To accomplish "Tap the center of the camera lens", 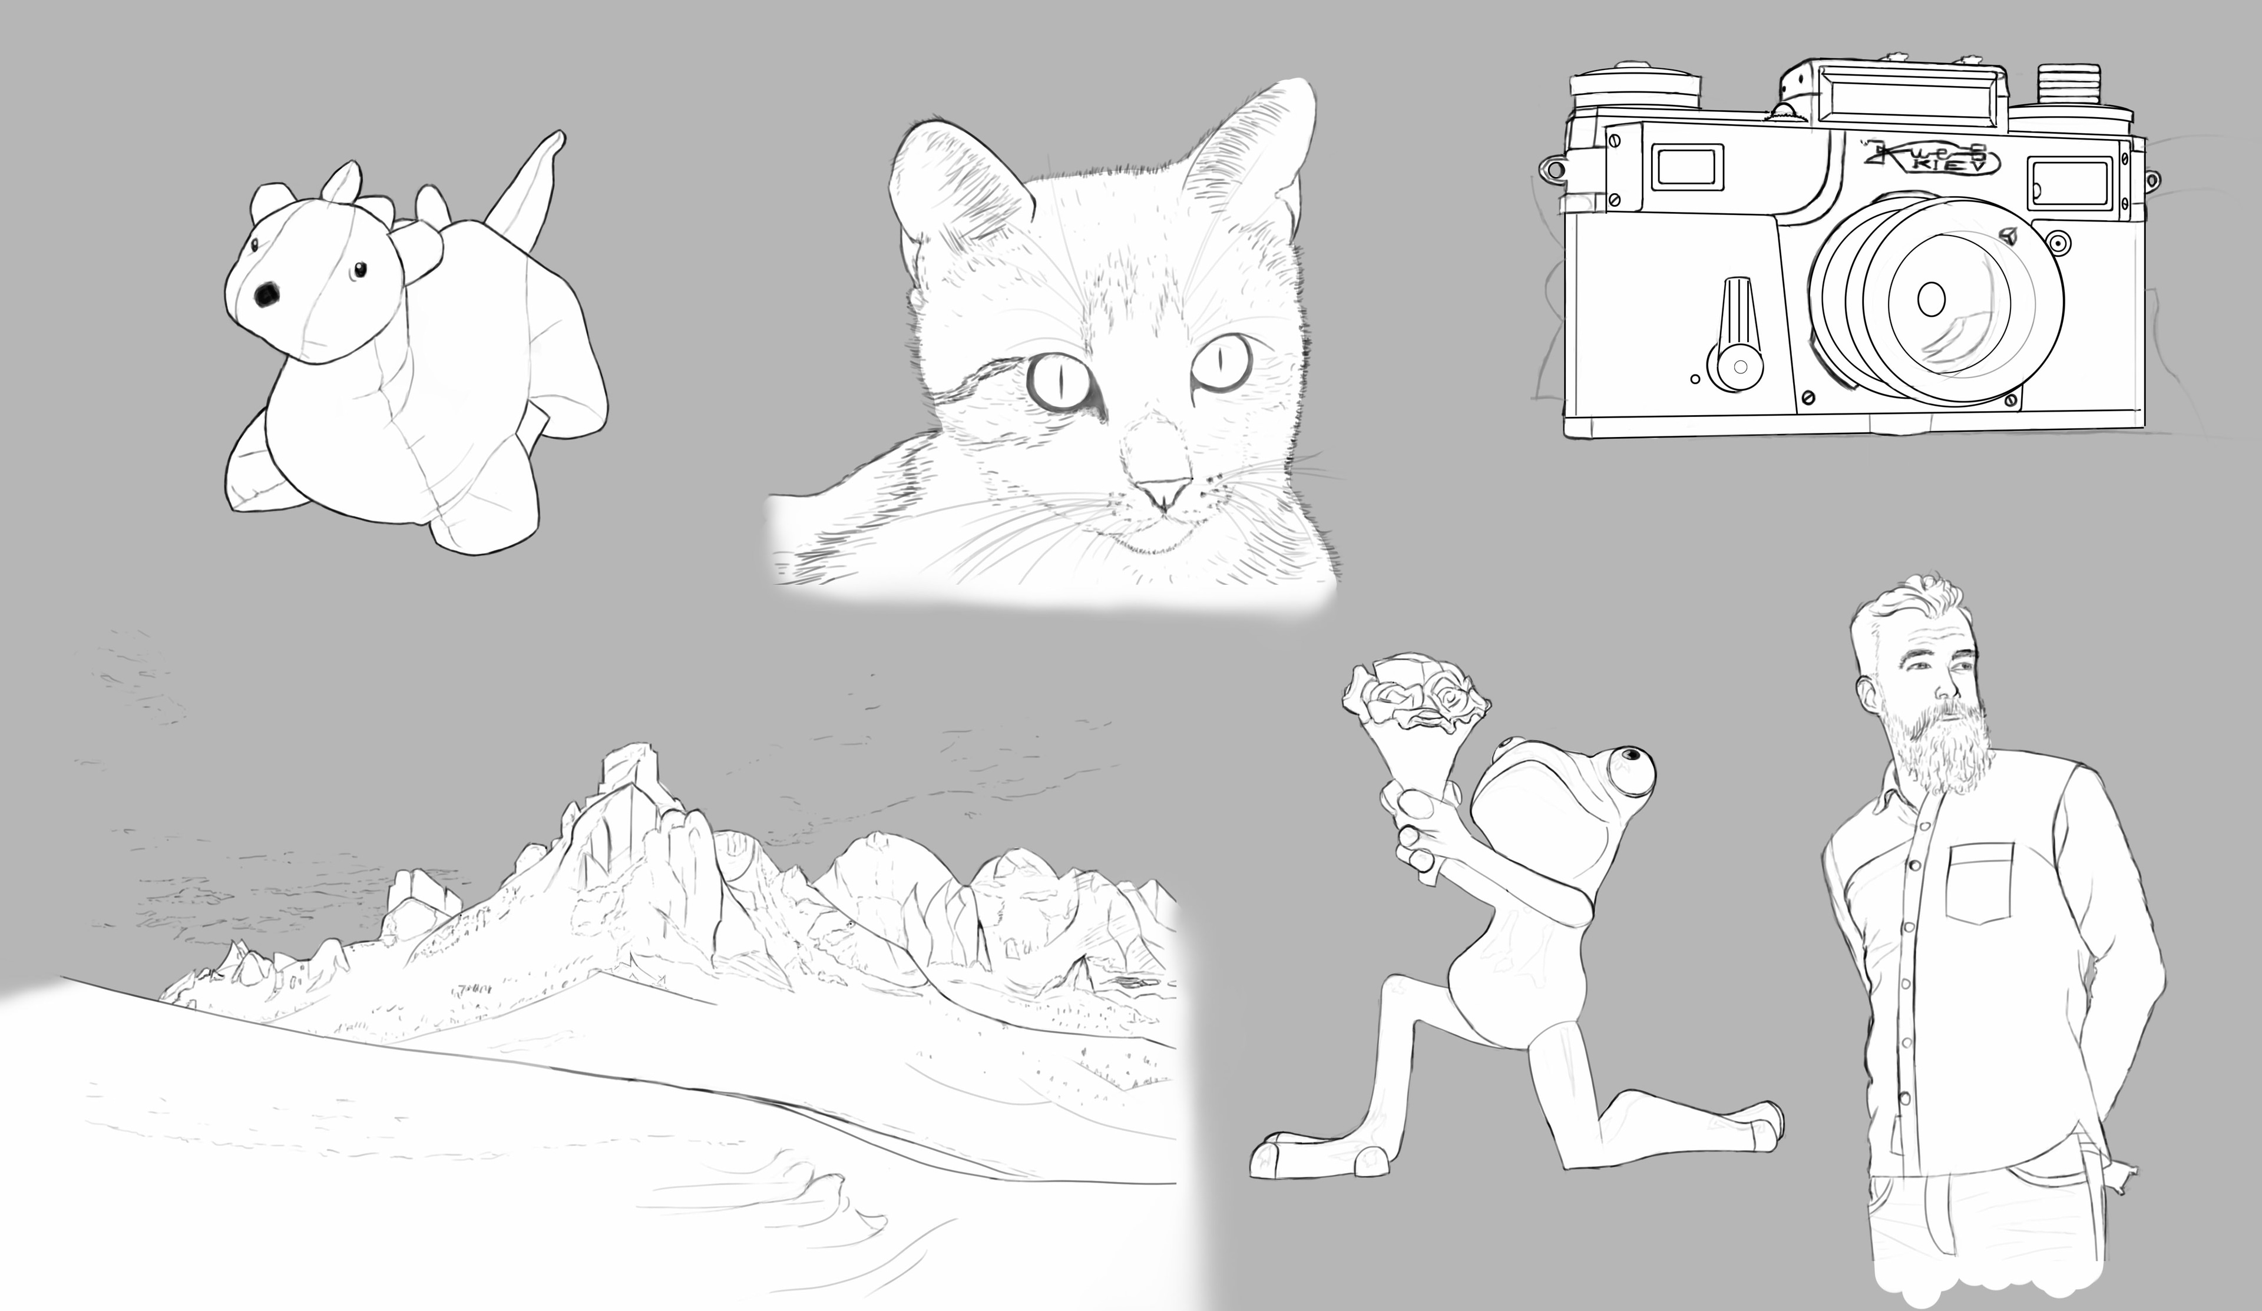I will pyautogui.click(x=1930, y=298).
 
